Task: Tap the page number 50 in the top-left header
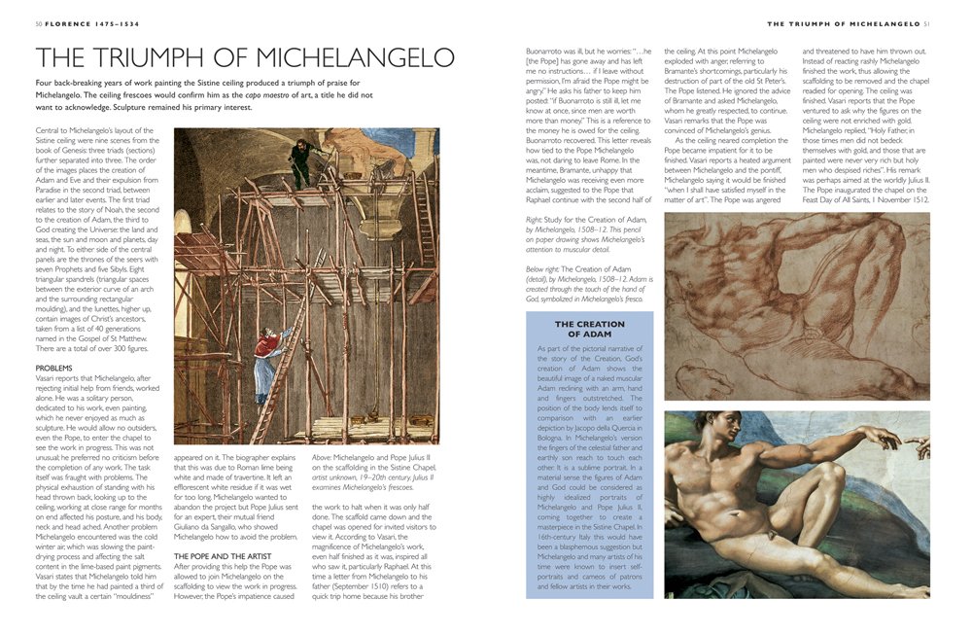pos(38,23)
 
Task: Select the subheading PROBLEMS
pos(54,368)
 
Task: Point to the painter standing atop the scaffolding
pos(303,160)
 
